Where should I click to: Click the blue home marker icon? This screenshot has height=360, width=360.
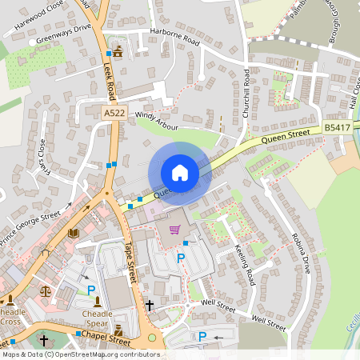(x=179, y=173)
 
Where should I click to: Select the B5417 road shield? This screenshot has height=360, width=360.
(x=336, y=127)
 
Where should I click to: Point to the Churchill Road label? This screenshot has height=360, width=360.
(x=246, y=94)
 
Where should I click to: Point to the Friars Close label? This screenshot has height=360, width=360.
(x=42, y=157)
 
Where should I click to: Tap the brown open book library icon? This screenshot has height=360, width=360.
(x=74, y=233)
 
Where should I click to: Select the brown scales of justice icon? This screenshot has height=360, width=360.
(x=45, y=291)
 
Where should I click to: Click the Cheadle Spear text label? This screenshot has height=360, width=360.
(x=98, y=318)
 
